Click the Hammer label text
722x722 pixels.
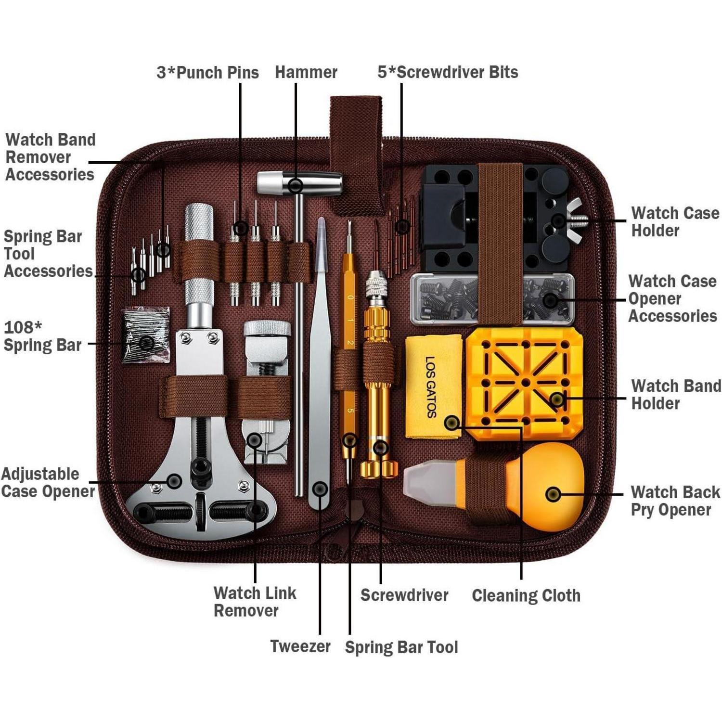click(x=306, y=72)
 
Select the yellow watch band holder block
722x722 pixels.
click(x=525, y=383)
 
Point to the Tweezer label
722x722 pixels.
click(x=300, y=646)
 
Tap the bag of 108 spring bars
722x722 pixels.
click(x=146, y=334)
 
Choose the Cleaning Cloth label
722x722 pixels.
click(x=526, y=595)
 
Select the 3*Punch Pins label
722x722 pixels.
click(x=207, y=73)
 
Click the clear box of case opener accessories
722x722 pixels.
click(x=491, y=299)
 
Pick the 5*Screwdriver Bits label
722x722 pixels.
click(x=448, y=72)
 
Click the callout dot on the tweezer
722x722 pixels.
click(x=320, y=489)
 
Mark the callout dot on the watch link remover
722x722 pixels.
click(x=255, y=439)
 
